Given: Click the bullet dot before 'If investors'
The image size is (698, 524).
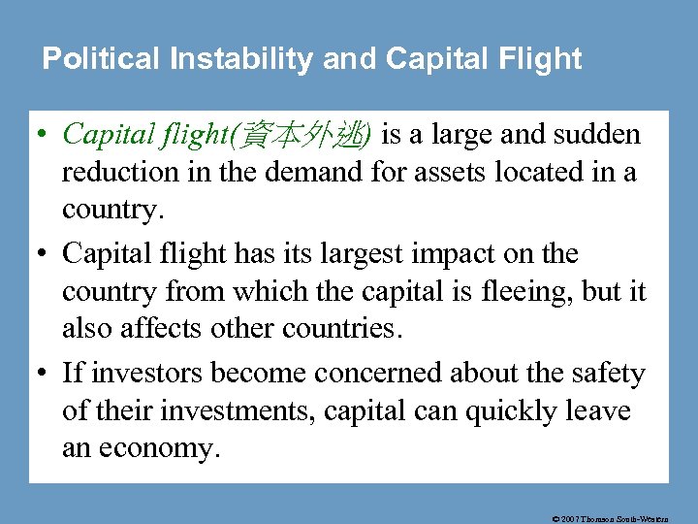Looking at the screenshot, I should pos(46,374).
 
